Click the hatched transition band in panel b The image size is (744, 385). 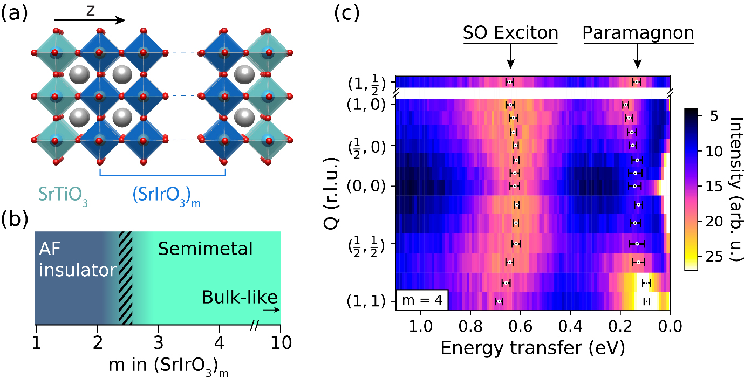125,278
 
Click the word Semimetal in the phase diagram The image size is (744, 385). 205,249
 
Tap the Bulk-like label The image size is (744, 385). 240,297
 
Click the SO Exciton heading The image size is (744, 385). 510,33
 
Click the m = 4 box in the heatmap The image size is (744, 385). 422,300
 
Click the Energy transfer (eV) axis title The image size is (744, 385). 533,348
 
